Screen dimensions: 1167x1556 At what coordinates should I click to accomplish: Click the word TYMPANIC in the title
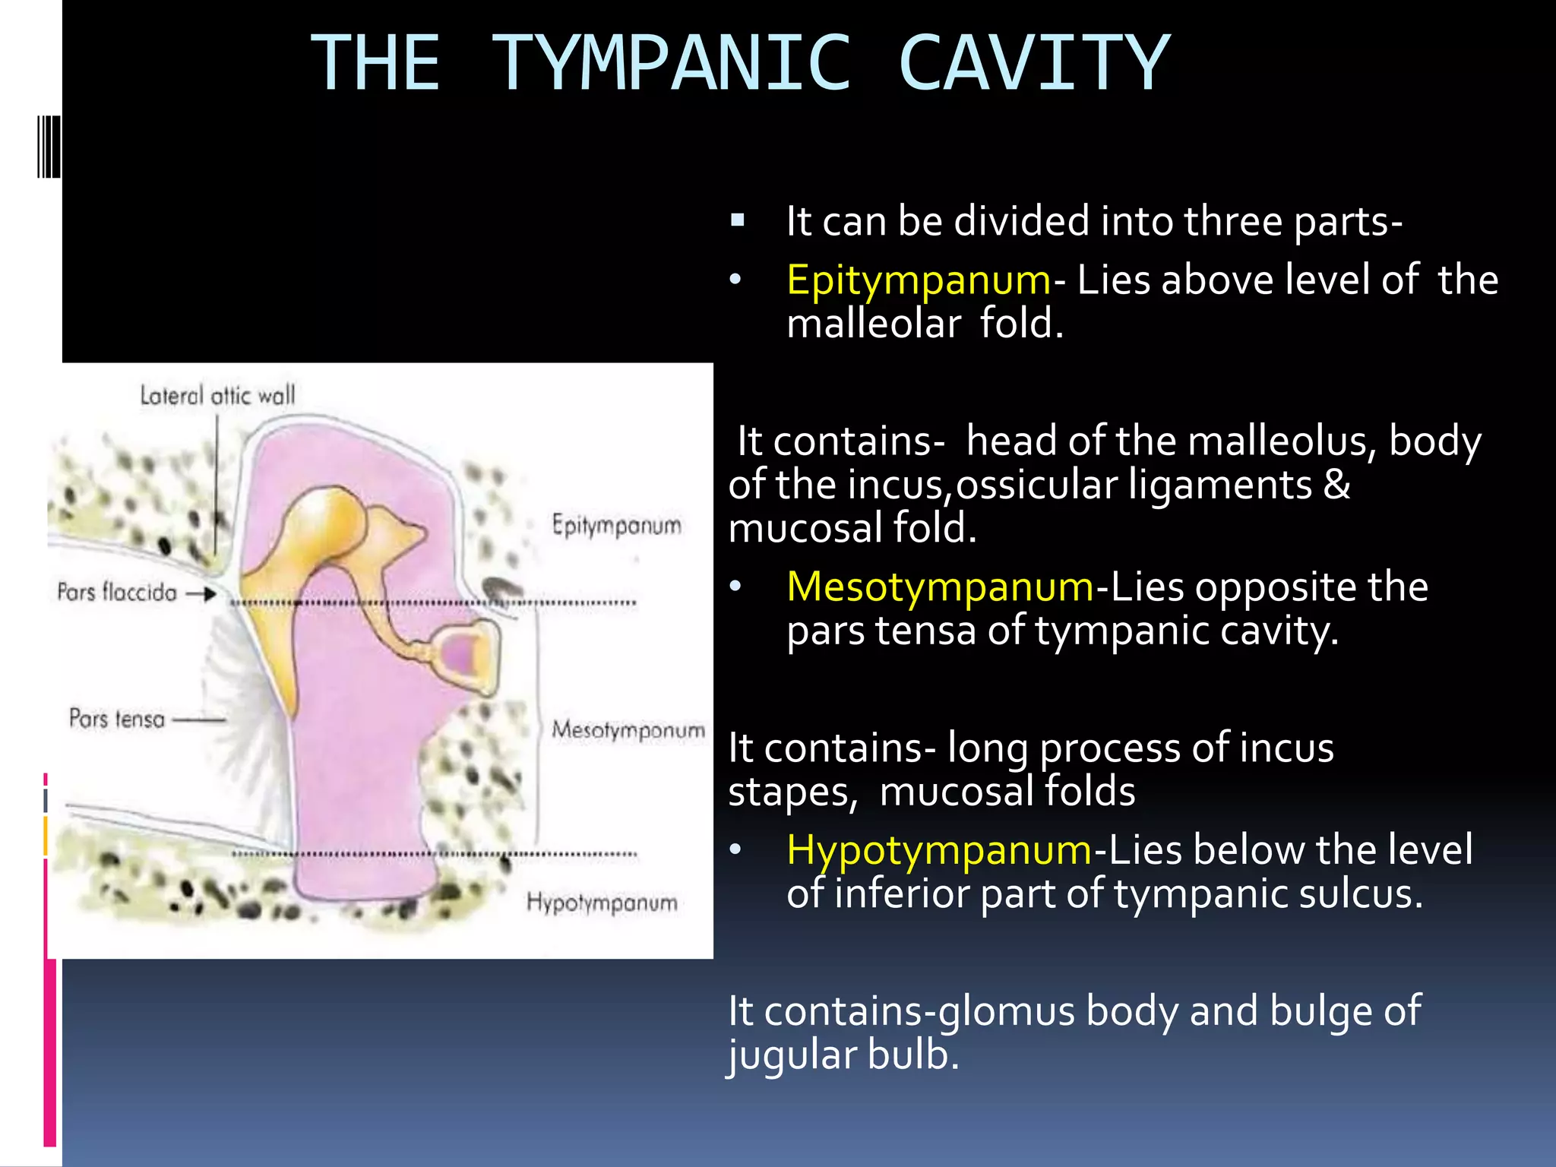(672, 64)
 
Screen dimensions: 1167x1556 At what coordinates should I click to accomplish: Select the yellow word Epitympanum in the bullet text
(918, 280)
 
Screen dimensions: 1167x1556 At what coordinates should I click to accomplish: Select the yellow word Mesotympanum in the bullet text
(940, 587)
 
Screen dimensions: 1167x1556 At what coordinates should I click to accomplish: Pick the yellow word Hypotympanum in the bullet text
(939, 849)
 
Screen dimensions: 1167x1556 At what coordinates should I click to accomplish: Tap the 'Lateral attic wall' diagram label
(217, 395)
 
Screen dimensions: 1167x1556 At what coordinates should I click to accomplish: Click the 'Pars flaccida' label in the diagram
(117, 592)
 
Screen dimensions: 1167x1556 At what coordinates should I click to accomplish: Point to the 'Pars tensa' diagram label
(117, 718)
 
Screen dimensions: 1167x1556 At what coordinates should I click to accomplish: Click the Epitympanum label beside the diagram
(616, 525)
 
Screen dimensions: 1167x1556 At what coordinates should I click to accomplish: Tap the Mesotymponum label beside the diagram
(628, 730)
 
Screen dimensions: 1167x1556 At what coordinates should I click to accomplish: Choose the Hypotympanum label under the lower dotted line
(602, 903)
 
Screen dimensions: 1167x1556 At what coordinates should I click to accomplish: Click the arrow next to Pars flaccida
(201, 593)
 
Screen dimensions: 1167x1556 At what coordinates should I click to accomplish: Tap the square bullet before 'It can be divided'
(737, 221)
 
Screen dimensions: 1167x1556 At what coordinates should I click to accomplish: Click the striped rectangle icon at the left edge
(48, 147)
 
